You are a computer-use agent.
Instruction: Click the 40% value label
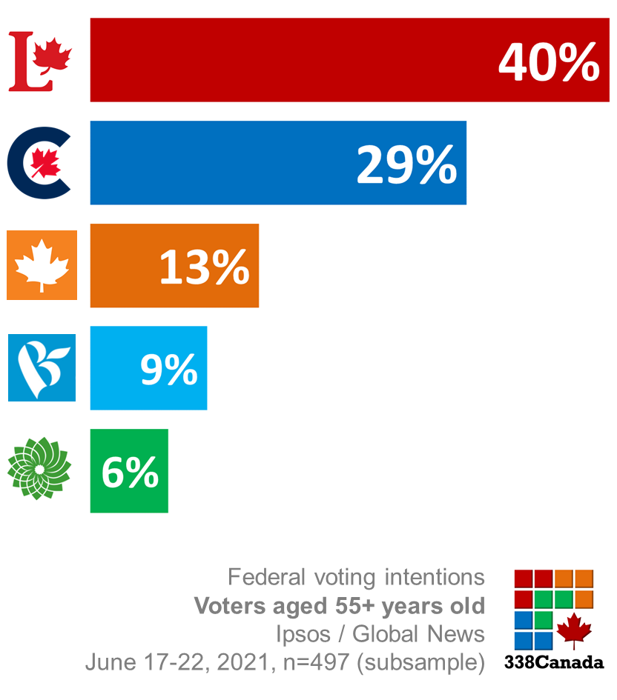pyautogui.click(x=548, y=62)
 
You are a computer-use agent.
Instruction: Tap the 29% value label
pyautogui.click(x=406, y=164)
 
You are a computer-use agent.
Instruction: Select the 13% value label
pyautogui.click(x=204, y=267)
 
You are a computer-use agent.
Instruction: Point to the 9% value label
pyautogui.click(x=168, y=369)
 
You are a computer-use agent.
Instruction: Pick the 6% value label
pyautogui.click(x=130, y=472)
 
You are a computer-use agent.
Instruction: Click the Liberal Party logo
pyautogui.click(x=40, y=61)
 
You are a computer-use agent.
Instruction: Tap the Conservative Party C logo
pyautogui.click(x=39, y=164)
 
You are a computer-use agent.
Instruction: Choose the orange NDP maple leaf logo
pyautogui.click(x=42, y=265)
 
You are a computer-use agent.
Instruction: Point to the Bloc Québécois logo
pyautogui.click(x=42, y=367)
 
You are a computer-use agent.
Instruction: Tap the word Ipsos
pyautogui.click(x=302, y=634)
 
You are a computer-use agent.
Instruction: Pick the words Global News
pyautogui.click(x=418, y=634)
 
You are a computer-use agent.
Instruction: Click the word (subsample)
pyautogui.click(x=421, y=662)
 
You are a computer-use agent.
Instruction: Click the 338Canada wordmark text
pyautogui.click(x=553, y=662)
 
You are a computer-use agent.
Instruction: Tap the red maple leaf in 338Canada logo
pyautogui.click(x=574, y=630)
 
